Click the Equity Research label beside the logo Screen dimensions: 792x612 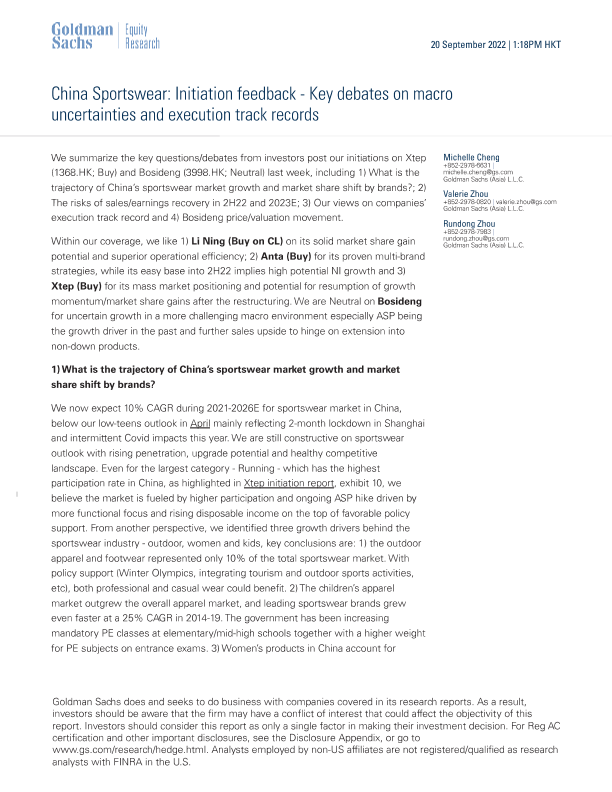point(137,36)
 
